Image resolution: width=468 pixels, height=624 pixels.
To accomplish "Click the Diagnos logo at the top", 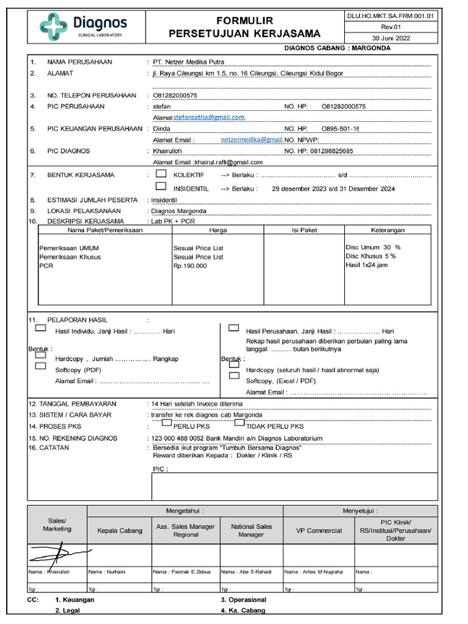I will (x=83, y=26).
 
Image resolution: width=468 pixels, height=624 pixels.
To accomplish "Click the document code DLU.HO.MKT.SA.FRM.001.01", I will (x=391, y=16).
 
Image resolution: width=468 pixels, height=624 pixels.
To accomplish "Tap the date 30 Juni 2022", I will (x=391, y=38).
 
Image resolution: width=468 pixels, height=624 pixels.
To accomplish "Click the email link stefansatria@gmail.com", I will (x=209, y=117).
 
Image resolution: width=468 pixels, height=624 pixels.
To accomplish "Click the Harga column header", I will (x=218, y=230).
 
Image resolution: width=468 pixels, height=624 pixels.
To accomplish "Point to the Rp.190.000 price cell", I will (x=190, y=266).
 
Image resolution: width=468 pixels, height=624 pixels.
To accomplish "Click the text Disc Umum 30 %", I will (x=373, y=247).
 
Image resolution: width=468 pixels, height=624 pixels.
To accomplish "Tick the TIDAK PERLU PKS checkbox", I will (x=241, y=425).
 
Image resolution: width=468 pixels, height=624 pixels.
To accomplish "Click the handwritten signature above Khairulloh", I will (x=58, y=554).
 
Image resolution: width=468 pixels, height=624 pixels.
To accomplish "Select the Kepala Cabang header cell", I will (x=120, y=530).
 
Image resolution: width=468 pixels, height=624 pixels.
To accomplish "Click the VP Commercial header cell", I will (x=319, y=530).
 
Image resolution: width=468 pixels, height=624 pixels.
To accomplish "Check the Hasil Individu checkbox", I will (x=40, y=328).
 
